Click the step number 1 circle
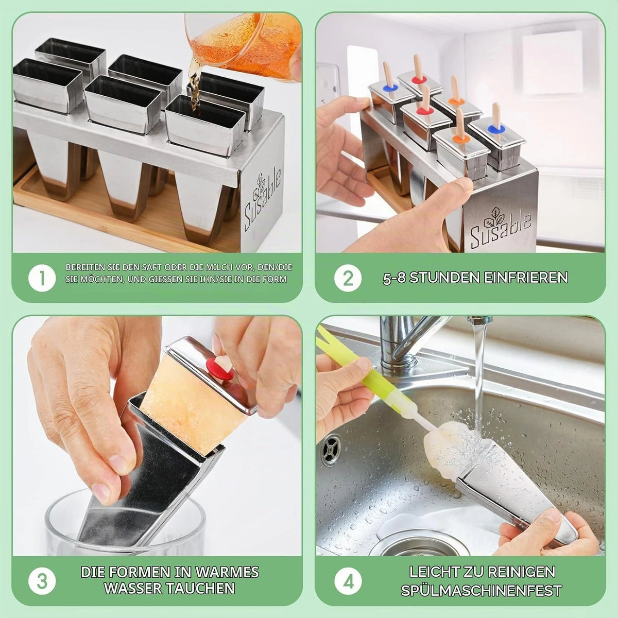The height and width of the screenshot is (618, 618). coord(42,278)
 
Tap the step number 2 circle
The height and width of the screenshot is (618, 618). coord(348,278)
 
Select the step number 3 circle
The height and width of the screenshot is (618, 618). coord(42,581)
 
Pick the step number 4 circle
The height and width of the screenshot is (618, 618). coord(348,581)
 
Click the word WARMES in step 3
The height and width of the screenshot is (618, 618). coord(227,572)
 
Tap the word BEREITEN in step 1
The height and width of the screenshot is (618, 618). coord(85,267)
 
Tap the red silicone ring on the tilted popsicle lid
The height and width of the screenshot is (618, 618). coord(220,369)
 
